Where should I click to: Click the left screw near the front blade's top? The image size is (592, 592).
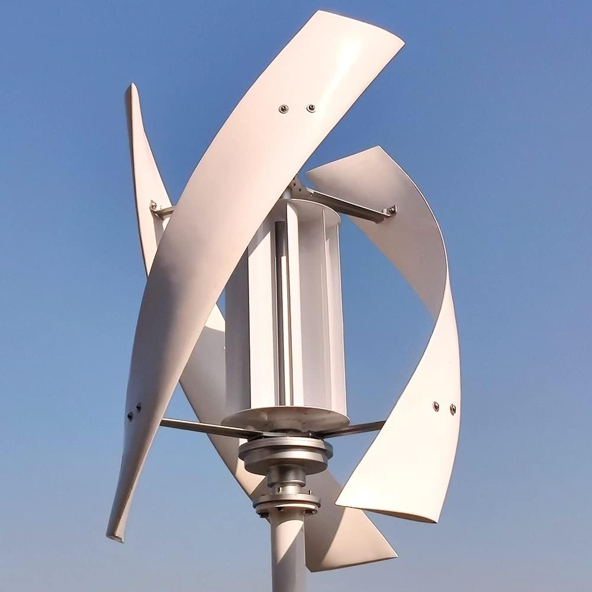click(284, 108)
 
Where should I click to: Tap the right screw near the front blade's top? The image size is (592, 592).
click(310, 108)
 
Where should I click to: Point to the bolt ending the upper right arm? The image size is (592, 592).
click(391, 210)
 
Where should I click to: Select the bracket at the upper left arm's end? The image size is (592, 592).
click(155, 208)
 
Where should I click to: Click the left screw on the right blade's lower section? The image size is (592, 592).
click(436, 406)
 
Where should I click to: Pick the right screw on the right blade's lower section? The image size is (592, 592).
click(453, 408)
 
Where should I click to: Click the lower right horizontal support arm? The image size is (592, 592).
click(361, 427)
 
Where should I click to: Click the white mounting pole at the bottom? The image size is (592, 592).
click(288, 556)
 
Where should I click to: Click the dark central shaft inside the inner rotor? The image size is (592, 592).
click(282, 308)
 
